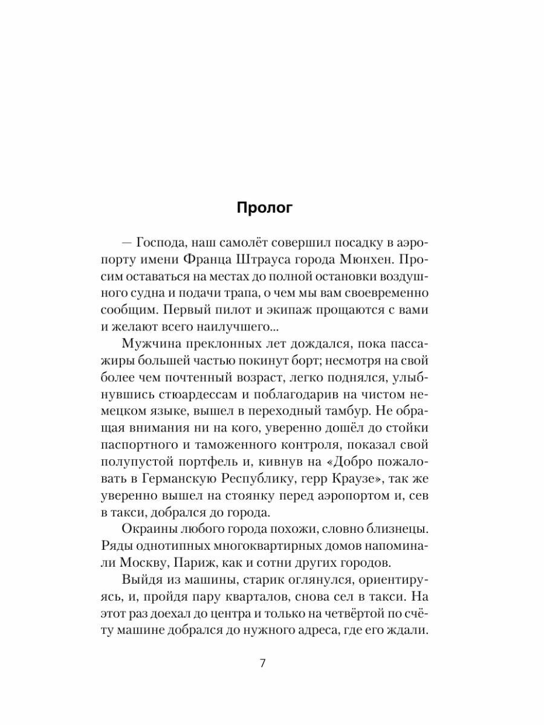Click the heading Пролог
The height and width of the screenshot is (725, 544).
click(x=264, y=208)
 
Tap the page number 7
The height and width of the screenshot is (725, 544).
click(x=262, y=663)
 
